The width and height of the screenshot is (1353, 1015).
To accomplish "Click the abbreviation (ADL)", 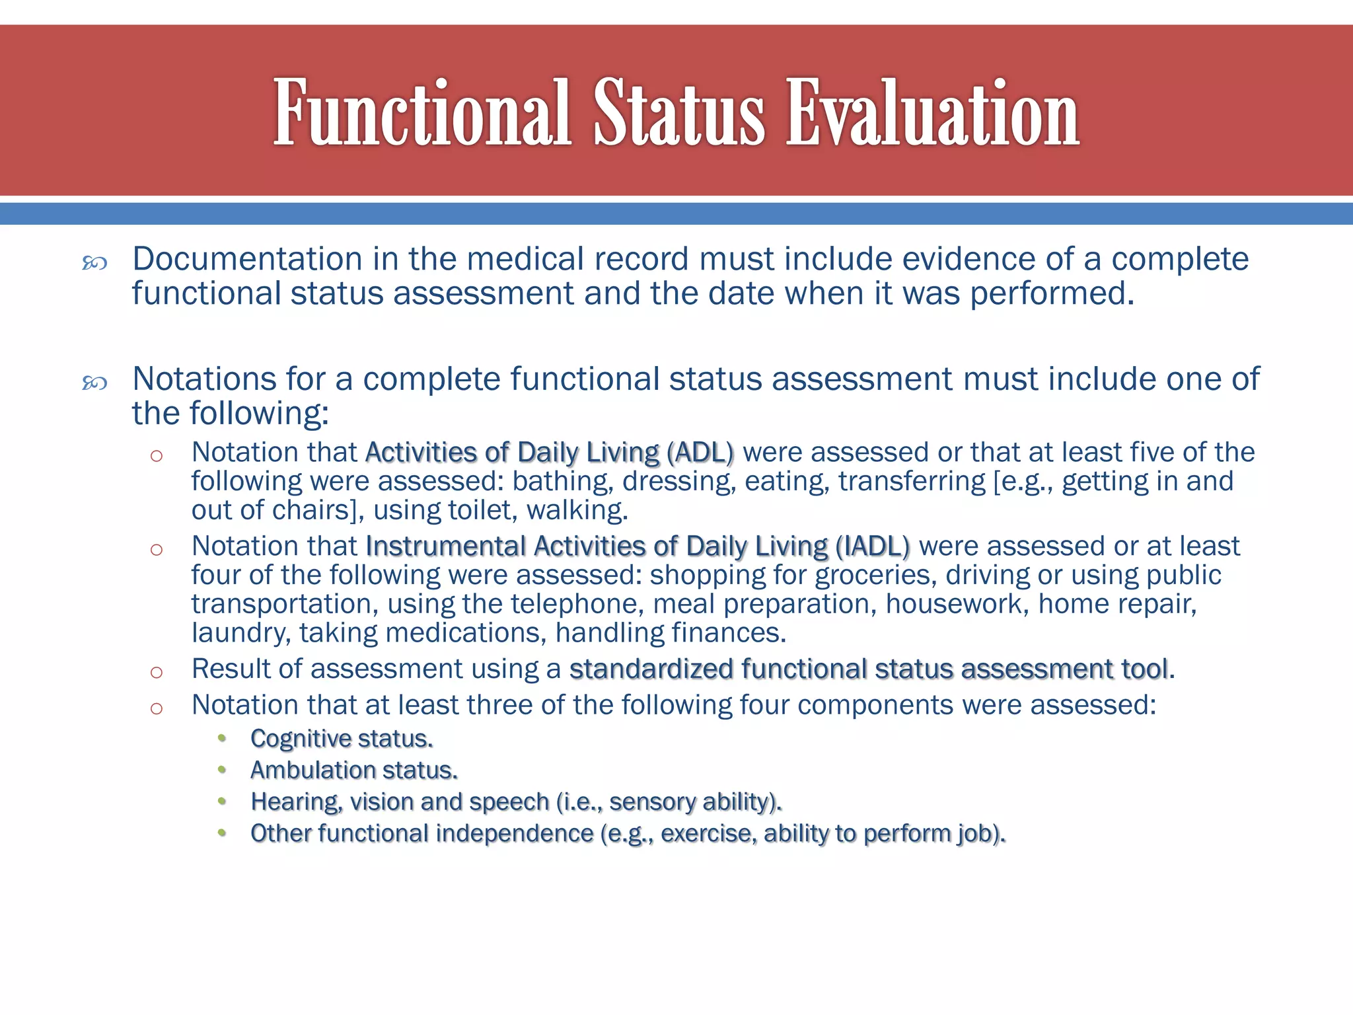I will [700, 453].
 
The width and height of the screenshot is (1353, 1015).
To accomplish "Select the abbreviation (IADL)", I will [872, 546].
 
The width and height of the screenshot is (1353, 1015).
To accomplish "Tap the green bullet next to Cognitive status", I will [223, 737].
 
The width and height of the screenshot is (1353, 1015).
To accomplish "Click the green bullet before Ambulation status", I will [223, 769].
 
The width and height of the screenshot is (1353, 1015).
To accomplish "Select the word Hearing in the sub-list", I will [295, 802].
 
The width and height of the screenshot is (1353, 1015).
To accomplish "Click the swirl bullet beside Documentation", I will [94, 264].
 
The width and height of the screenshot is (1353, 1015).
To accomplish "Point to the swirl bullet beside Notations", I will [94, 383].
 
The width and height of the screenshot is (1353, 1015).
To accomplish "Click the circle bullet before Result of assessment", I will [157, 673].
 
